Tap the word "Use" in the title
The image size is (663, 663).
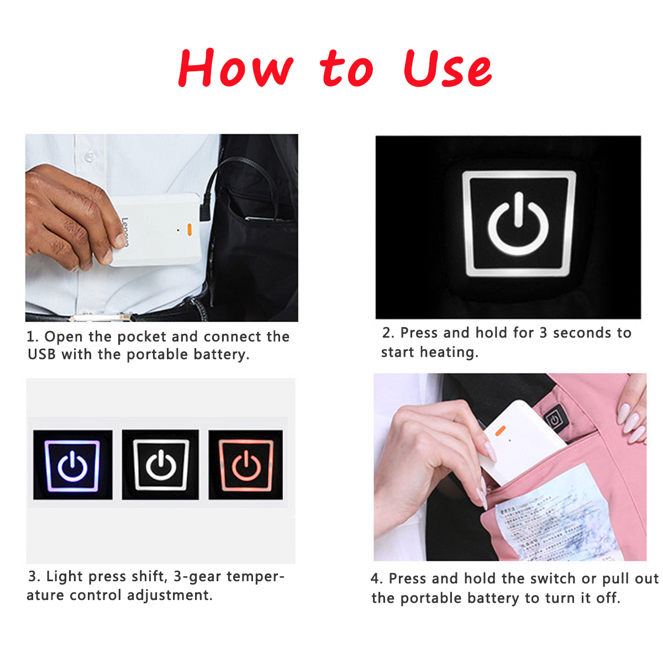click(x=447, y=69)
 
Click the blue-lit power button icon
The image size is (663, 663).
click(x=72, y=465)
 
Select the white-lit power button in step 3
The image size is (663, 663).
click(x=160, y=465)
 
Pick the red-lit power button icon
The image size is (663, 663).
click(x=246, y=465)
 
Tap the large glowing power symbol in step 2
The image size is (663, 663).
click(x=518, y=224)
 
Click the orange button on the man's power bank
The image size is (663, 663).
click(x=190, y=229)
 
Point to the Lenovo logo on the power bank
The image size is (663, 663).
click(x=125, y=232)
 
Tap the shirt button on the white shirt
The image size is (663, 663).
click(x=88, y=157)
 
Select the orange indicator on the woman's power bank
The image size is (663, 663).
click(x=501, y=429)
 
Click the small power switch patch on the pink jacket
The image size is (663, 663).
click(x=554, y=419)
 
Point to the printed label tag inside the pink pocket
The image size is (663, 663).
click(x=552, y=514)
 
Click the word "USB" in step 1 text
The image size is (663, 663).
click(x=41, y=354)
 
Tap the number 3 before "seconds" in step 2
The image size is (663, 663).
click(x=543, y=333)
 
